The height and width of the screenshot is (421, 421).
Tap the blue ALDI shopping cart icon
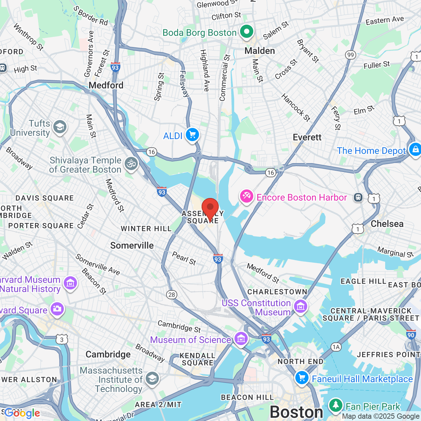point(192,135)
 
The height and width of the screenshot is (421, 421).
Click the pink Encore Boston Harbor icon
point(246,197)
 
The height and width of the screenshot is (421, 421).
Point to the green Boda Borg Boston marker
point(246,32)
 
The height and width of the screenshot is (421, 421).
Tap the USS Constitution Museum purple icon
point(300,307)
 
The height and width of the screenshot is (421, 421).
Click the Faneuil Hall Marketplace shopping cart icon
point(302,378)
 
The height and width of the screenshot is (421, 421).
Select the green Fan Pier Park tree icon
point(335,406)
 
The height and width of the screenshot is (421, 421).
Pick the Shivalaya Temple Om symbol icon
point(131,163)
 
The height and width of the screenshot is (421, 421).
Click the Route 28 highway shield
point(172,294)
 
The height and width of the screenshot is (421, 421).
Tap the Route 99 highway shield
point(351,55)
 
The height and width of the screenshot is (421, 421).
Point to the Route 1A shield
point(336,347)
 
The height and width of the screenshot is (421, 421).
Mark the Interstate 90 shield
point(411,335)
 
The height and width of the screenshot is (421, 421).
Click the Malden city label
point(260,51)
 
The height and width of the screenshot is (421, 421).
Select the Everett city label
point(307,137)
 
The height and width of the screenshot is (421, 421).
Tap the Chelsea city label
point(387,224)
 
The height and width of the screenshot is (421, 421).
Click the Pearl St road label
point(184,258)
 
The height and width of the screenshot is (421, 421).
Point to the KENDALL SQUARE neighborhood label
point(197,359)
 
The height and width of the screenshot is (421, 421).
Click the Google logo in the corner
point(22,413)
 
